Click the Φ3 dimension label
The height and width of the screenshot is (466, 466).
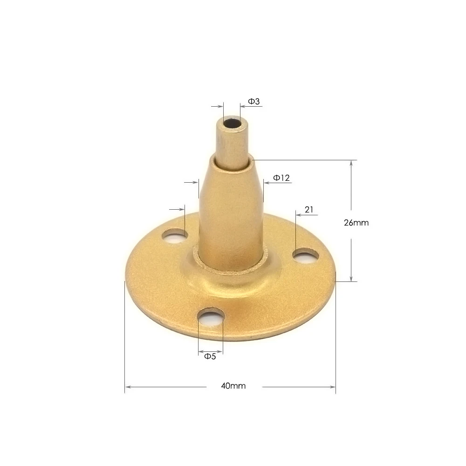254,101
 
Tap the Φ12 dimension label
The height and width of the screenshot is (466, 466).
282,178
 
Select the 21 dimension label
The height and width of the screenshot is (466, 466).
308,210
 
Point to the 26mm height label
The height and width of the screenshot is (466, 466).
356,223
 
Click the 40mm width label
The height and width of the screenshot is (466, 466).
233,386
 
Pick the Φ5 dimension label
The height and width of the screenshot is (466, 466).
210,356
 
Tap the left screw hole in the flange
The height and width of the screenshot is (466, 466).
175,236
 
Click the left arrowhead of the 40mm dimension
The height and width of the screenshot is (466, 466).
128,386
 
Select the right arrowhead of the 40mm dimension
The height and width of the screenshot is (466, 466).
332,386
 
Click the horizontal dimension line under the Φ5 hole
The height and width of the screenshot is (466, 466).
211,350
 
